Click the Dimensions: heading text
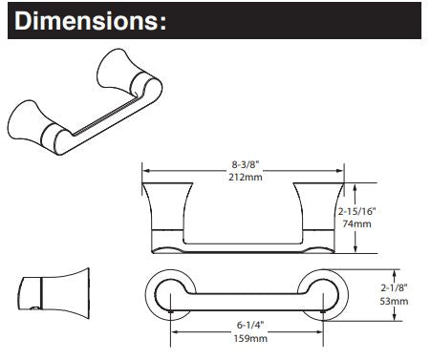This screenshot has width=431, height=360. click(90, 21)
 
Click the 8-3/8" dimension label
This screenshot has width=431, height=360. click(246, 164)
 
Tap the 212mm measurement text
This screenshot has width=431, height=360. click(246, 177)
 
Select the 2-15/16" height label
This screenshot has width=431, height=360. click(357, 211)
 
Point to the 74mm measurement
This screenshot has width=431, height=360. click(356, 223)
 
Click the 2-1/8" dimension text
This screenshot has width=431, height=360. click(394, 288)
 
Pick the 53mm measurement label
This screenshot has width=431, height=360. click(394, 301)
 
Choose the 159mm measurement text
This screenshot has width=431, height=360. click(250, 338)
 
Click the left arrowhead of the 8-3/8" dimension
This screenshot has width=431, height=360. click(145, 171)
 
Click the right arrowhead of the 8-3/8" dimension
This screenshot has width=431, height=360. click(340, 171)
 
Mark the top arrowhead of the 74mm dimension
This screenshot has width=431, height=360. click(356, 187)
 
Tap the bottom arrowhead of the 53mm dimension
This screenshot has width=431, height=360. click(395, 317)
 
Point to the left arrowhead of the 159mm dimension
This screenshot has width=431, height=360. click(175, 332)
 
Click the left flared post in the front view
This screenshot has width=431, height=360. click(167, 206)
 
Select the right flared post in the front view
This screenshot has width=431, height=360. click(318, 206)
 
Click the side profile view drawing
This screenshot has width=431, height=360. click(54, 293)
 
